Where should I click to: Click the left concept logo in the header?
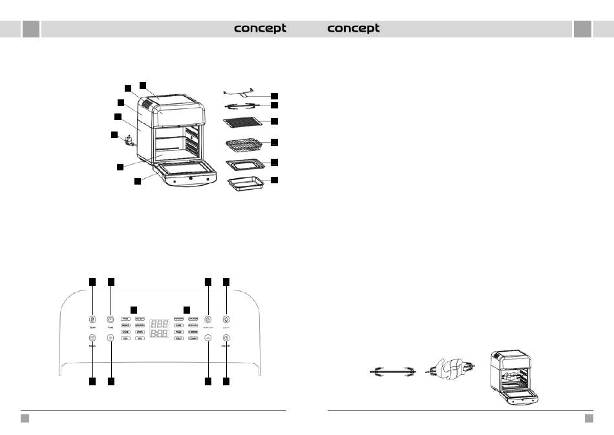tap(260, 29)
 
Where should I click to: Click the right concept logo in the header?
tap(354, 29)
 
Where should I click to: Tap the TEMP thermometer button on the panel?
tap(92, 319)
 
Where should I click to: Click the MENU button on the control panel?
tap(92, 338)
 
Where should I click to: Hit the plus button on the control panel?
tap(111, 338)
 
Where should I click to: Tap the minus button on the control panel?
tap(208, 338)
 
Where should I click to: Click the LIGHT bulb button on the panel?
tap(226, 319)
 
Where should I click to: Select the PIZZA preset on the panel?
tap(179, 332)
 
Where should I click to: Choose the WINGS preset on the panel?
tap(126, 325)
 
